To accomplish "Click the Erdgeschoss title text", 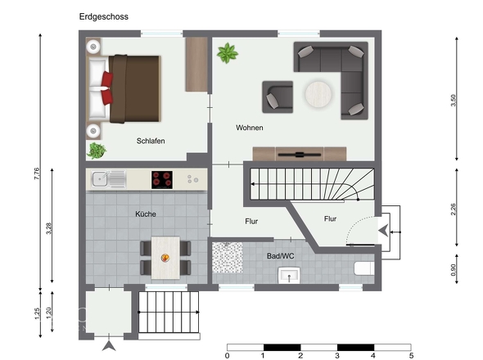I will pyautogui.click(x=104, y=16).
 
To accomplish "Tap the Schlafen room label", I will pyautogui.click(x=151, y=141).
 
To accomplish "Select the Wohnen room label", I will pyautogui.click(x=250, y=128).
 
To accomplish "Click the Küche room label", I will pyautogui.click(x=146, y=214).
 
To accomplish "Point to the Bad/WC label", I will pyautogui.click(x=280, y=256).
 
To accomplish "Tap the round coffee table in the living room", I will pyautogui.click(x=321, y=97).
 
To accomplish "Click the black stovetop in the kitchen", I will pyautogui.click(x=162, y=178).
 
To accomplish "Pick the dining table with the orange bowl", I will pyautogui.click(x=165, y=257).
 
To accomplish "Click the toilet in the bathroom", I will pyautogui.click(x=363, y=268).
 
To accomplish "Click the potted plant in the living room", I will pyautogui.click(x=226, y=55).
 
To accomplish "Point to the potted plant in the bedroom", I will pyautogui.click(x=97, y=151).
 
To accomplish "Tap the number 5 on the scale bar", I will pyautogui.click(x=411, y=355).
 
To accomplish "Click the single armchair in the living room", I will pyautogui.click(x=277, y=97).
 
